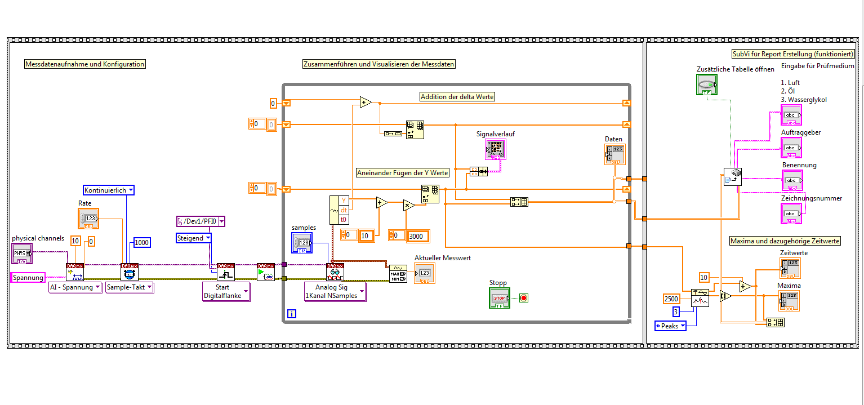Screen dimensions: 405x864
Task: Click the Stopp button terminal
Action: point(500,298)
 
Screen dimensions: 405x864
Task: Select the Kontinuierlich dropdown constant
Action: point(109,190)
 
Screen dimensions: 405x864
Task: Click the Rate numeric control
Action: point(88,219)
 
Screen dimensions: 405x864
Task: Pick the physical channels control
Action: point(22,255)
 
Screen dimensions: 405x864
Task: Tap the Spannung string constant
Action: point(28,277)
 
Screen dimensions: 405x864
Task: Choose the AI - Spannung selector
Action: point(75,287)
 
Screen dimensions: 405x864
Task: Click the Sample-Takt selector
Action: point(130,287)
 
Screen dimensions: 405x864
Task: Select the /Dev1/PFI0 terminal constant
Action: point(201,221)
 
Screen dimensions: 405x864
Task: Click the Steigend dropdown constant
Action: point(194,238)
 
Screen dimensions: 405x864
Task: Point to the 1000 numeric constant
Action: point(142,242)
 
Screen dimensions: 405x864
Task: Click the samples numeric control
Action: point(302,243)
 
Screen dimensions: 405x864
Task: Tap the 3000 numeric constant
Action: point(418,236)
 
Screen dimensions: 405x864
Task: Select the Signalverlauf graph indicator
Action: point(496,149)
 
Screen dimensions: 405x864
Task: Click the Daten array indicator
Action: point(615,154)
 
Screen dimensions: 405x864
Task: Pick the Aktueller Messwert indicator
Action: point(425,273)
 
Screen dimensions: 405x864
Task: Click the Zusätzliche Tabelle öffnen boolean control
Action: point(707,85)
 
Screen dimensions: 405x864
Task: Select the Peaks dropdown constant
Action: point(670,326)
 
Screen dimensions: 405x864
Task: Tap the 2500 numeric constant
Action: point(673,299)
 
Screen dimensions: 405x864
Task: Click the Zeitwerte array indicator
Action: point(790,268)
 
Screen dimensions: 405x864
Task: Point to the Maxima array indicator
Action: point(789,300)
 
